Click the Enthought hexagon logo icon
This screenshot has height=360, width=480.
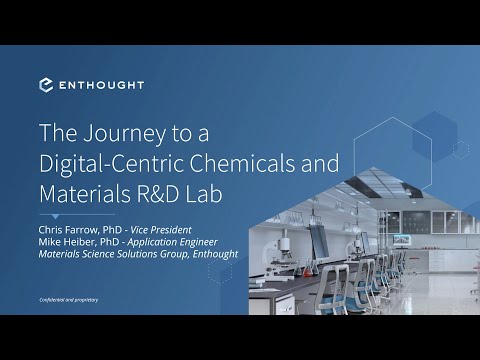(x=46, y=85)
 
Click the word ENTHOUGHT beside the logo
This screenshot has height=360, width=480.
(x=100, y=85)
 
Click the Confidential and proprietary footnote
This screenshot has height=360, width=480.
(x=69, y=300)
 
